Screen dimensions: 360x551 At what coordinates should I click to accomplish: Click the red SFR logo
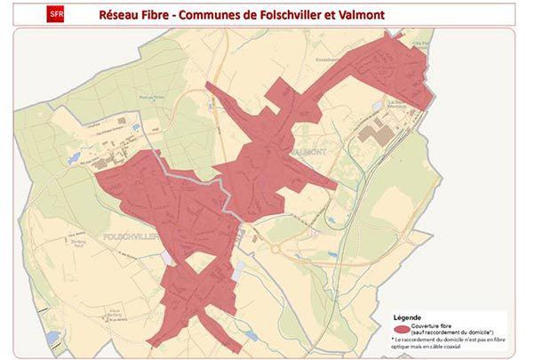pyautogui.click(x=55, y=14)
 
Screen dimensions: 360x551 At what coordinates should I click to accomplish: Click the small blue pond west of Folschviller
pyautogui.click(x=74, y=157)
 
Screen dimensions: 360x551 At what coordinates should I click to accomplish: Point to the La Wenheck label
pyautogui.click(x=392, y=103)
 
